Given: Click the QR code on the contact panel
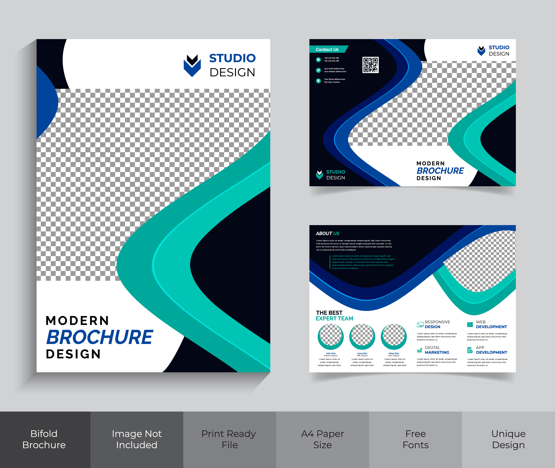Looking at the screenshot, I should coord(371,65).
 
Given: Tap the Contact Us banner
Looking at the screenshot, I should coord(327,49).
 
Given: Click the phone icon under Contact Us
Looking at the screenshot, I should coord(318,60).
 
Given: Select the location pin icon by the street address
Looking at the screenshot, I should coord(318,81).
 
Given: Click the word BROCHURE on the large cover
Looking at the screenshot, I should coord(100,337).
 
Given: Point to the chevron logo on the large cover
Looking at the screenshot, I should coord(192,66).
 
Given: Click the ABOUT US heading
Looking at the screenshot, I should coord(327,234).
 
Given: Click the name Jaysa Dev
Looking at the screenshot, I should coord(362,353).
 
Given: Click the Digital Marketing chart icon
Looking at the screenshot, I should coord(419,350).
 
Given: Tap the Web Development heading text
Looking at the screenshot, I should coord(491,325).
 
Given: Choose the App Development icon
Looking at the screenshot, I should coord(470,350).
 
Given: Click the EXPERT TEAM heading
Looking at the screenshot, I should coord(334,318).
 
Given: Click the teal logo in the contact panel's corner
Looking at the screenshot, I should coord(320,175).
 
